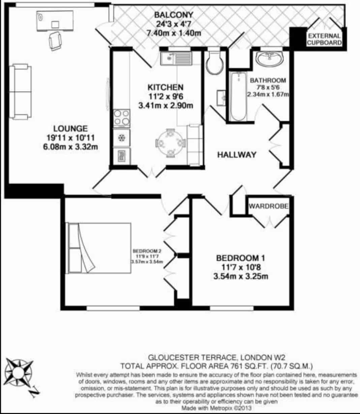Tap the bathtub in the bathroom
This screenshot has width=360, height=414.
pos(239,96)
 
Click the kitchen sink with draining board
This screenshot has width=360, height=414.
pos(176,59)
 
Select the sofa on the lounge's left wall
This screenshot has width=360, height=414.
pos(20,92)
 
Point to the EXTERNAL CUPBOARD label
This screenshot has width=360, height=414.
pos(324,39)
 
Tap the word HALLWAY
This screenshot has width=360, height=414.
pos(236,155)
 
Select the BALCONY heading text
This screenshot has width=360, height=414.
pos(174,15)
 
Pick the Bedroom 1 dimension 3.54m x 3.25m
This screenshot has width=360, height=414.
pos(240,277)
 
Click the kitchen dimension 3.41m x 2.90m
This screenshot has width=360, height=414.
pos(166,105)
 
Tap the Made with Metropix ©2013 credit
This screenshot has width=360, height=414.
pos(217,408)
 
